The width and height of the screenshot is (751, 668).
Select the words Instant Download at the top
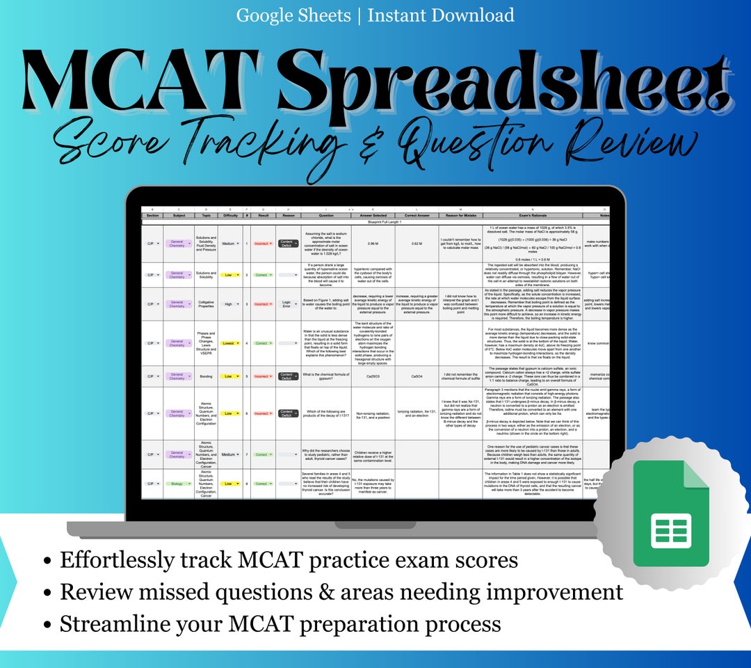pos(441,15)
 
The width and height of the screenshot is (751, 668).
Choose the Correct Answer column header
pos(417,216)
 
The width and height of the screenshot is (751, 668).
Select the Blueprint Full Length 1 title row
pos(375,221)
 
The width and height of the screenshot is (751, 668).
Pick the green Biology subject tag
pos(177,484)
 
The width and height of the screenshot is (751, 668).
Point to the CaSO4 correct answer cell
pos(417,377)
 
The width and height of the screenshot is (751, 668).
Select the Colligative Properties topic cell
pos(206,304)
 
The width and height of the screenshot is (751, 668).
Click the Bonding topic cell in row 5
pos(206,377)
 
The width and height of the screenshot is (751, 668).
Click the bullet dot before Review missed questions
pos(47,593)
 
